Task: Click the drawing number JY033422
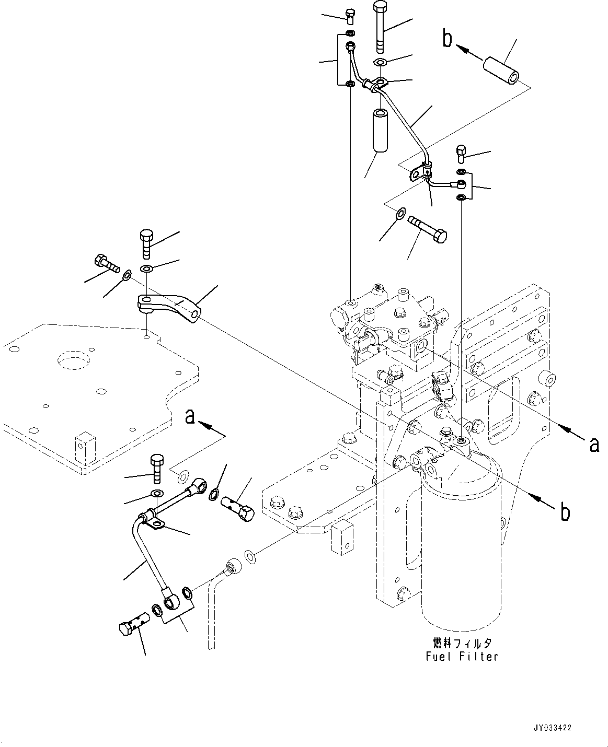(553, 728)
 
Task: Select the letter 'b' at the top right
(447, 39)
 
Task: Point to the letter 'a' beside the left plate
(190, 417)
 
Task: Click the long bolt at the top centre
(381, 26)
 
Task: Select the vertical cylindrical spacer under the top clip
(381, 131)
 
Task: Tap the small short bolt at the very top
(350, 16)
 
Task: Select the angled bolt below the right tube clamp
(427, 229)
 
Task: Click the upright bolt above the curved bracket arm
(147, 244)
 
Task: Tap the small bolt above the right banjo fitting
(461, 154)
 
